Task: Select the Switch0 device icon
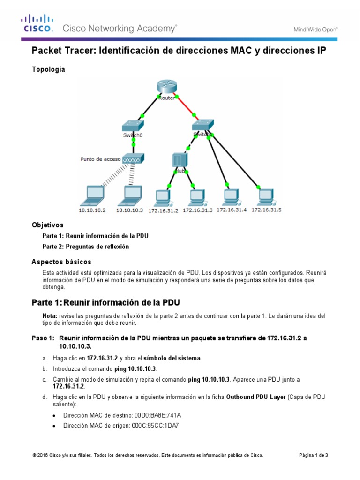134,127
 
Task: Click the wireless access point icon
134,159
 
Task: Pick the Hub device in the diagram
179,160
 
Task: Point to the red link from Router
186,107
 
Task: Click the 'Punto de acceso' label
100,159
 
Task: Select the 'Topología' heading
48,69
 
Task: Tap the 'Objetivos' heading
47,225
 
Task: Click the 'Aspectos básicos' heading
61,262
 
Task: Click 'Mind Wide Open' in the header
315,29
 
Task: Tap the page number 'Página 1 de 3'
314,455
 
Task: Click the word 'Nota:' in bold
50,316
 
